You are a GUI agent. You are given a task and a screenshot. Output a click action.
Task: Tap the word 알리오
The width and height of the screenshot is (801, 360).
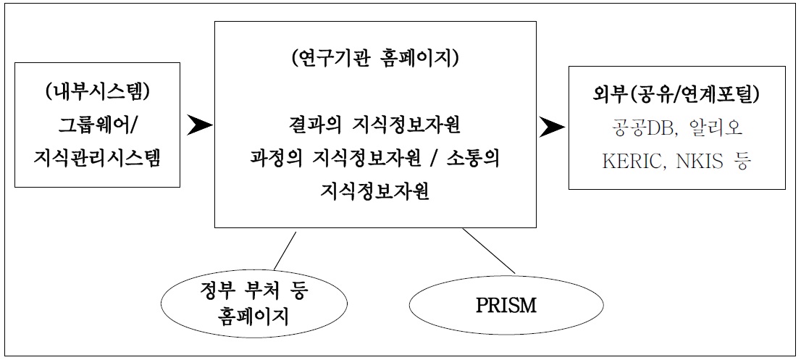(719, 127)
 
